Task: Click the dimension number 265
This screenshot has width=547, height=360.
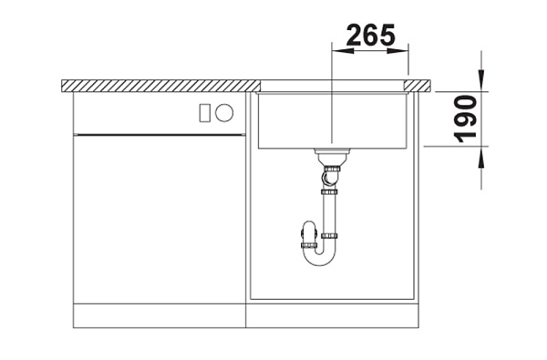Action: coord(371,36)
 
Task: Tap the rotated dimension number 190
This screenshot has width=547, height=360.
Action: coord(467,119)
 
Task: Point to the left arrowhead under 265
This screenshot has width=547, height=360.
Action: coord(343,51)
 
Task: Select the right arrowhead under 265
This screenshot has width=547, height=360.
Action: coord(397,51)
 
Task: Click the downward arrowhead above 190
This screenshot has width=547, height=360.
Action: coord(481,80)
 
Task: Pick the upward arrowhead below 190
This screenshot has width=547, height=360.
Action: coord(481,158)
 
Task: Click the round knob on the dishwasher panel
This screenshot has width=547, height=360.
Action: coord(224,113)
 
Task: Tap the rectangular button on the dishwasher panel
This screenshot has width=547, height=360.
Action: coord(204,113)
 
